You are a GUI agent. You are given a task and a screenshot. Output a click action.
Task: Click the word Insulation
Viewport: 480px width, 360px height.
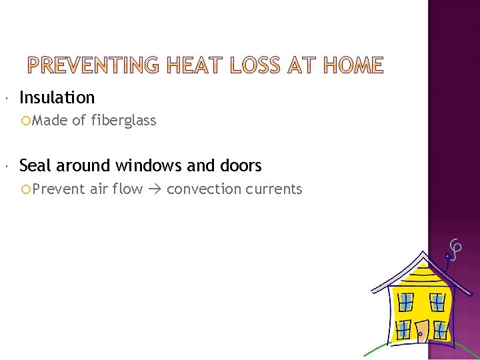pyautogui.click(x=57, y=97)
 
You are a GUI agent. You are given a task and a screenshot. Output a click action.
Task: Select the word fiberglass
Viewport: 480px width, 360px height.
pyautogui.click(x=123, y=121)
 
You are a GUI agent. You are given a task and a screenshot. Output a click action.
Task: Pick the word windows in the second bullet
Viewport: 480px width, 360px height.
pyautogui.click(x=153, y=165)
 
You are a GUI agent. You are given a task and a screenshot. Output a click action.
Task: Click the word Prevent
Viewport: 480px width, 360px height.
pyautogui.click(x=58, y=189)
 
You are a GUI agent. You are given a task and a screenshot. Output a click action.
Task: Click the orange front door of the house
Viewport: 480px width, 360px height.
pyautogui.click(x=422, y=331)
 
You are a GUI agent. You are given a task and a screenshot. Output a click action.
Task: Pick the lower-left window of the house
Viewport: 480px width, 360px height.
pyautogui.click(x=404, y=329)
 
